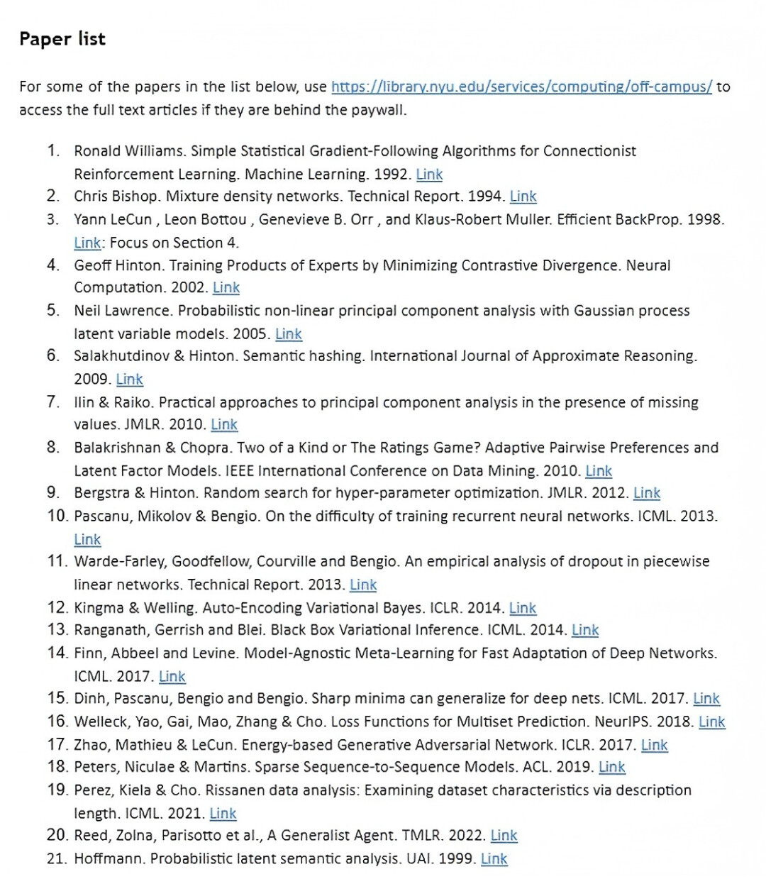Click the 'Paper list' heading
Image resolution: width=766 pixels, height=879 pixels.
(x=62, y=39)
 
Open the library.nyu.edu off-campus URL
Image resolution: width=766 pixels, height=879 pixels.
(x=521, y=87)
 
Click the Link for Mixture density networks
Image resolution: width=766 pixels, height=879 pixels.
(x=523, y=197)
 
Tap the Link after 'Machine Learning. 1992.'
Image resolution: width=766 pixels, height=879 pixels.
(x=429, y=175)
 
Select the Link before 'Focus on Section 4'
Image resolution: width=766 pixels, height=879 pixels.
(x=87, y=243)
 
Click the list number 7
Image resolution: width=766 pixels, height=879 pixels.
(x=53, y=402)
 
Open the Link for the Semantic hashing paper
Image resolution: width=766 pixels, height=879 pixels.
(x=130, y=380)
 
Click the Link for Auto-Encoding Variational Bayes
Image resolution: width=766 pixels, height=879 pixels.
(x=523, y=608)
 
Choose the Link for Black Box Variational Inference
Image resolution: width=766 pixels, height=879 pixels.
(x=585, y=630)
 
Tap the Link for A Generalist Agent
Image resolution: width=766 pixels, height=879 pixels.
(x=504, y=836)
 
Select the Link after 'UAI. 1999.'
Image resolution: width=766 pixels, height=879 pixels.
(x=494, y=858)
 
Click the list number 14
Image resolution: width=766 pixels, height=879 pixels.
(x=57, y=653)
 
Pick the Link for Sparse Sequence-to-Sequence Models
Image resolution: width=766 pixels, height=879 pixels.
(x=611, y=767)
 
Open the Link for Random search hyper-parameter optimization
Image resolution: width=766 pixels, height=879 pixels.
(x=646, y=493)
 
